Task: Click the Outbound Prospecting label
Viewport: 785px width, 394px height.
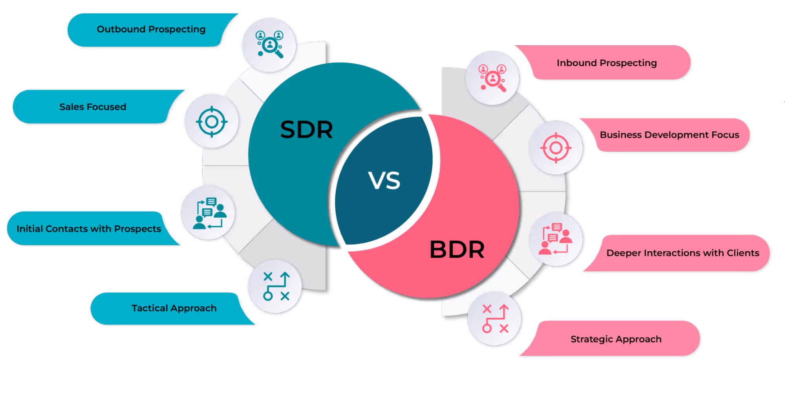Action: coord(151,29)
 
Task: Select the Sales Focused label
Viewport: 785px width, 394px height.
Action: coord(93,107)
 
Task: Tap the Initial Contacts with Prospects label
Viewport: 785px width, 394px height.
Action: coord(89,229)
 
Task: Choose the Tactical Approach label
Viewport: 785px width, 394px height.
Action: coord(174,308)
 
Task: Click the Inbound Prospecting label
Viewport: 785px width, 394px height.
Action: coord(607,63)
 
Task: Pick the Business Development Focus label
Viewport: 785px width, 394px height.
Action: coord(670,135)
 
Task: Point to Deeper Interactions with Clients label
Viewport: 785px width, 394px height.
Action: coord(683,253)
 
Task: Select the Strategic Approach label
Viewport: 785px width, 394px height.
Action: coord(616,339)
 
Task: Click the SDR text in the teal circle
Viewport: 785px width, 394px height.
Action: coord(307,130)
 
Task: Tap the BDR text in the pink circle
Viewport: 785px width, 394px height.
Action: coord(457,250)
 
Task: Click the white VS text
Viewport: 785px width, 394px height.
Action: coord(384,181)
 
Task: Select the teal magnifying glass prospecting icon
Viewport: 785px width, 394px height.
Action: coord(269,44)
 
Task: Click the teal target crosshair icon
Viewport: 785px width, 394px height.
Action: coord(212,122)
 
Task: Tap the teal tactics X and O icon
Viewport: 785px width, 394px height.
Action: coord(276,286)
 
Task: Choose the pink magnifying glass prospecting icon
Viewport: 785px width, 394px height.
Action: coord(493,78)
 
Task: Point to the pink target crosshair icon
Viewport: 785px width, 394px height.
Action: coord(556,148)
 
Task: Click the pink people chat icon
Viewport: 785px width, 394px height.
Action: coord(556,239)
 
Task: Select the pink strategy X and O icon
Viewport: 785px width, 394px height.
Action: coord(495,319)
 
